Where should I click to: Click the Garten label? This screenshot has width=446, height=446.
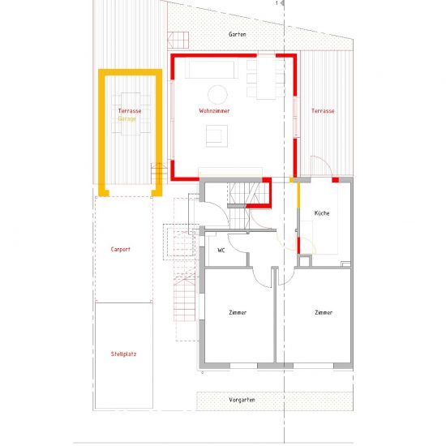point(238,34)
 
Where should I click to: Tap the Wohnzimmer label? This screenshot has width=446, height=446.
point(214,110)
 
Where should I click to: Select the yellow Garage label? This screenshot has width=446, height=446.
point(127,119)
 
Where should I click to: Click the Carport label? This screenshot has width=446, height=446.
point(121,250)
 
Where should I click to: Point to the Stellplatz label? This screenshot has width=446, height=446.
point(124,354)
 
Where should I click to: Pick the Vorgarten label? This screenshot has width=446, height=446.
point(242,400)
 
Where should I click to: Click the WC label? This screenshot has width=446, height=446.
point(221,251)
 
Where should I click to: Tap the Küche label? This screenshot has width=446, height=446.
point(322,213)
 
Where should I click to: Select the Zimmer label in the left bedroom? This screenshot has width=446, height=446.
point(238,312)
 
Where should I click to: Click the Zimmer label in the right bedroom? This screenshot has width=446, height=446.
point(324,312)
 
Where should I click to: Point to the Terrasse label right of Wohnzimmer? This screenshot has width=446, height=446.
point(323,111)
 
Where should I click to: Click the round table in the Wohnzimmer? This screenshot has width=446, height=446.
point(217,95)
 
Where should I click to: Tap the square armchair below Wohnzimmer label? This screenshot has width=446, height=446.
point(217,136)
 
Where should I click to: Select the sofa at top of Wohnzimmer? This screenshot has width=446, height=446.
point(212,69)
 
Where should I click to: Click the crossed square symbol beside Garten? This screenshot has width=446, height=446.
point(178,40)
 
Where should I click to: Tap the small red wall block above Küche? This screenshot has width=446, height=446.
point(336,180)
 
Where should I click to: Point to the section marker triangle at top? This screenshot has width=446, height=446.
point(282,3)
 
